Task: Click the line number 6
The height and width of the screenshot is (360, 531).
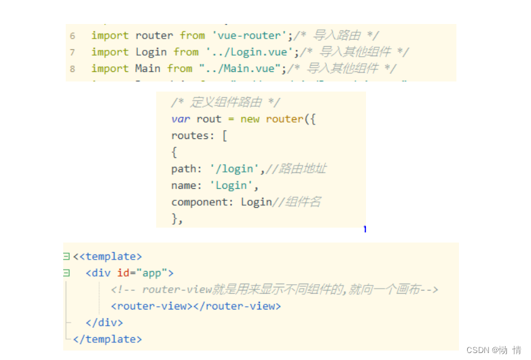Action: [x=73, y=36]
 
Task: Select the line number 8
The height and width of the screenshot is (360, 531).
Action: [x=73, y=69]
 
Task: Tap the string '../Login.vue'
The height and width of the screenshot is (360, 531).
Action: [x=247, y=52]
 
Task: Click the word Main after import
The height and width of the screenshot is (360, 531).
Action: [x=148, y=68]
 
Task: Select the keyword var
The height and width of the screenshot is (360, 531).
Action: [x=181, y=119]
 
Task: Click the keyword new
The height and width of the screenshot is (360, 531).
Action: [x=250, y=119]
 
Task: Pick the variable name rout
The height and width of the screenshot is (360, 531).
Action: [x=209, y=119]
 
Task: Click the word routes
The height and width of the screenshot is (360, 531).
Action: [x=190, y=135]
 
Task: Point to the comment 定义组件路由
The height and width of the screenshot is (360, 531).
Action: [x=226, y=102]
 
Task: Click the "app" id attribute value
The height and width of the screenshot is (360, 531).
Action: [x=152, y=273]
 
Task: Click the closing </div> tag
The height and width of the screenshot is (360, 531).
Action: [x=104, y=322]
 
